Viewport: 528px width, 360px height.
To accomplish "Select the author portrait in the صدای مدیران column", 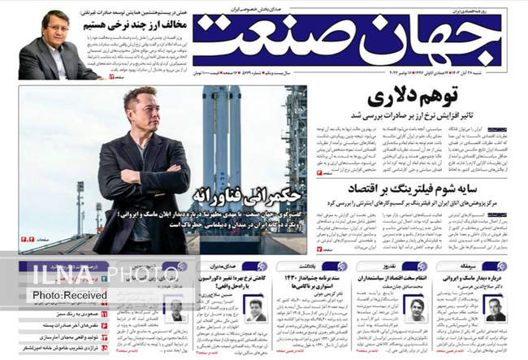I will [257, 310].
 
